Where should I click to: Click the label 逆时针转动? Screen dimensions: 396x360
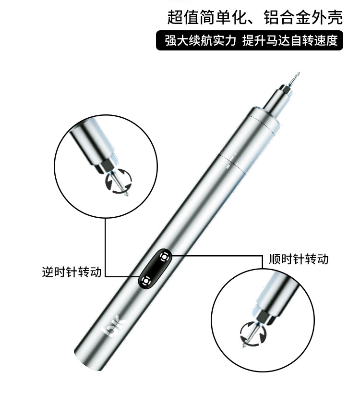point(72,272)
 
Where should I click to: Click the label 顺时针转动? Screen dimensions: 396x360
point(299,259)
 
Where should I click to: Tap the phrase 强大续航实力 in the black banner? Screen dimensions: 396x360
point(200,41)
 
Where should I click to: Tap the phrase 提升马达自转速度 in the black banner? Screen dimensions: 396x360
point(290,41)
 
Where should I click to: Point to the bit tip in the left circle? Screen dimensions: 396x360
point(126,195)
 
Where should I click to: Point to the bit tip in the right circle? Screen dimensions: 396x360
point(245,344)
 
